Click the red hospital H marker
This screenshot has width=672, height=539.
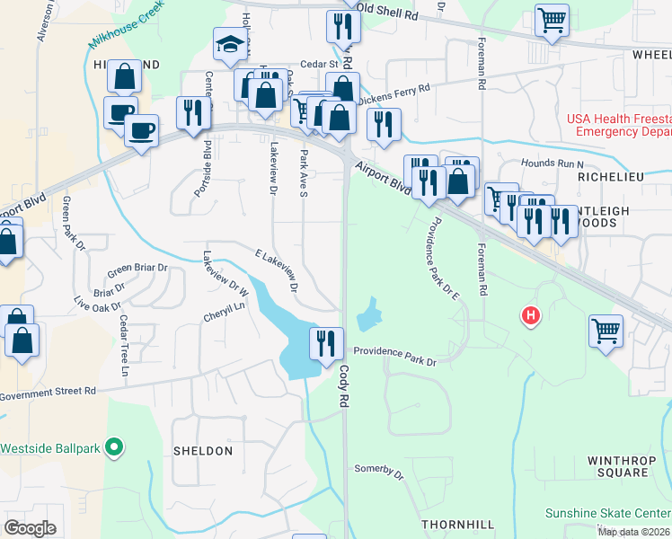tap(532, 315)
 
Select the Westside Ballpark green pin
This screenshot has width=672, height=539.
tap(113, 446)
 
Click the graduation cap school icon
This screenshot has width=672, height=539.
tap(230, 43)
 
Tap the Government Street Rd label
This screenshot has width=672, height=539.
tap(48, 392)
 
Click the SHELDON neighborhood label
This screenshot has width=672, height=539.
tap(202, 451)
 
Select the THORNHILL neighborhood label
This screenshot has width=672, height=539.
tap(458, 523)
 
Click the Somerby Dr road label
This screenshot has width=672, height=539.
tap(378, 469)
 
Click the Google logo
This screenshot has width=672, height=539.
tap(30, 527)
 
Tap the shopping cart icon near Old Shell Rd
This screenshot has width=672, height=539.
tap(552, 20)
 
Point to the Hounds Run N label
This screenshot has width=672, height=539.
tap(553, 164)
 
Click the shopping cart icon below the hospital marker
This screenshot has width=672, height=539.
tap(606, 330)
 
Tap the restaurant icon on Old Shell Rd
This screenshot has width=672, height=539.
tap(342, 26)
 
